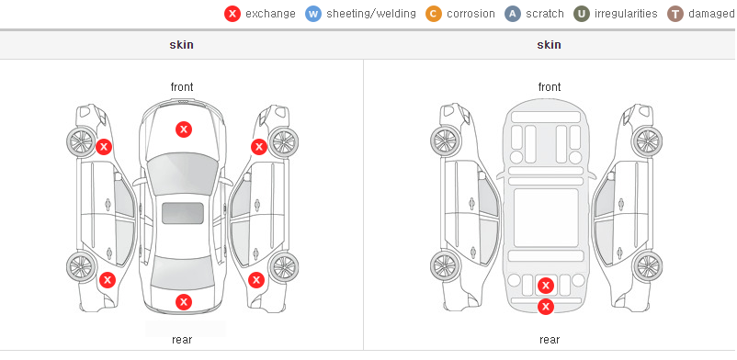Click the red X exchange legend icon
tap(232, 14)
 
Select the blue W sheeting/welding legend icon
tap(313, 14)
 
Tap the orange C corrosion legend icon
tap(434, 14)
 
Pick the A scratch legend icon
tap(513, 14)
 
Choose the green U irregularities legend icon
tap(582, 14)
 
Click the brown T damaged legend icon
tap(675, 14)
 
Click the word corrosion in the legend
tap(471, 14)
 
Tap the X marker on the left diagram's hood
tap(184, 129)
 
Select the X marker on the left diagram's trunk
tap(184, 302)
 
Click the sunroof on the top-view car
tap(183, 213)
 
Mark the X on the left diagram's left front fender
tap(104, 147)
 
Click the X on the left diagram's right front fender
tap(259, 147)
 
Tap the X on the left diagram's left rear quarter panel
tap(108, 281)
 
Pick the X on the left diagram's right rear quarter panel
tap(256, 281)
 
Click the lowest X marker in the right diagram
tap(546, 307)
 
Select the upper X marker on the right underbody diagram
tap(546, 286)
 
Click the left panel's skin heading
tap(181, 45)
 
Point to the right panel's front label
tap(550, 87)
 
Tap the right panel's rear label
tap(550, 340)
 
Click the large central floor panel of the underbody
tap(546, 218)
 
